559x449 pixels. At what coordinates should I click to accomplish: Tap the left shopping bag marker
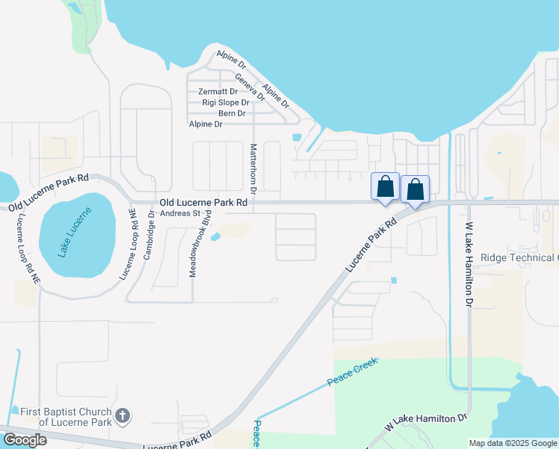385,187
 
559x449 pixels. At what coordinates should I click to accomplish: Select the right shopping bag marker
415,190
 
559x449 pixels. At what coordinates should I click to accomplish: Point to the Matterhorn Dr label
253,169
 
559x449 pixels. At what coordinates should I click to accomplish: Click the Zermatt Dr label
218,91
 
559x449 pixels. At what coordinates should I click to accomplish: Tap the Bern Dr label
232,114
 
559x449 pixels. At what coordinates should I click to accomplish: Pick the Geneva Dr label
250,87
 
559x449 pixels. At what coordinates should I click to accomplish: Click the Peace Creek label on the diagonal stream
352,372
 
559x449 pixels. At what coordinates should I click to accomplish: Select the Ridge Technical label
519,258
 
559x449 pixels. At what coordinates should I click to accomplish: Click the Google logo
25,440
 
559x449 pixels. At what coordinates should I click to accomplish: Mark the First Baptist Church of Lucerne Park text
64,417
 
